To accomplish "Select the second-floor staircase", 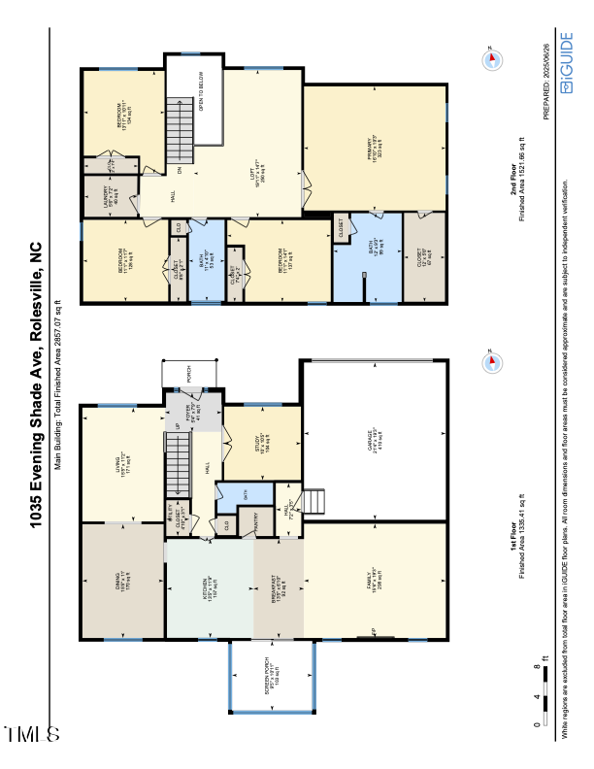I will pyautogui.click(x=178, y=131).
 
